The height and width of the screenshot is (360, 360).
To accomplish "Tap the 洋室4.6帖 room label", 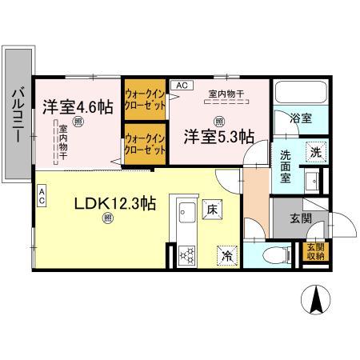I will tap(77, 105).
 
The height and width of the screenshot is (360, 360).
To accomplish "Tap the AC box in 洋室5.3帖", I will tap(181, 85).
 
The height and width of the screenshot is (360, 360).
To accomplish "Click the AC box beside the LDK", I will tap(42, 192).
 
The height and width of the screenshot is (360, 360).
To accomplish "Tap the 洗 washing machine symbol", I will tap(315, 151).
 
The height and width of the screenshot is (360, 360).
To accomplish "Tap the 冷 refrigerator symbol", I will tap(226, 255).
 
